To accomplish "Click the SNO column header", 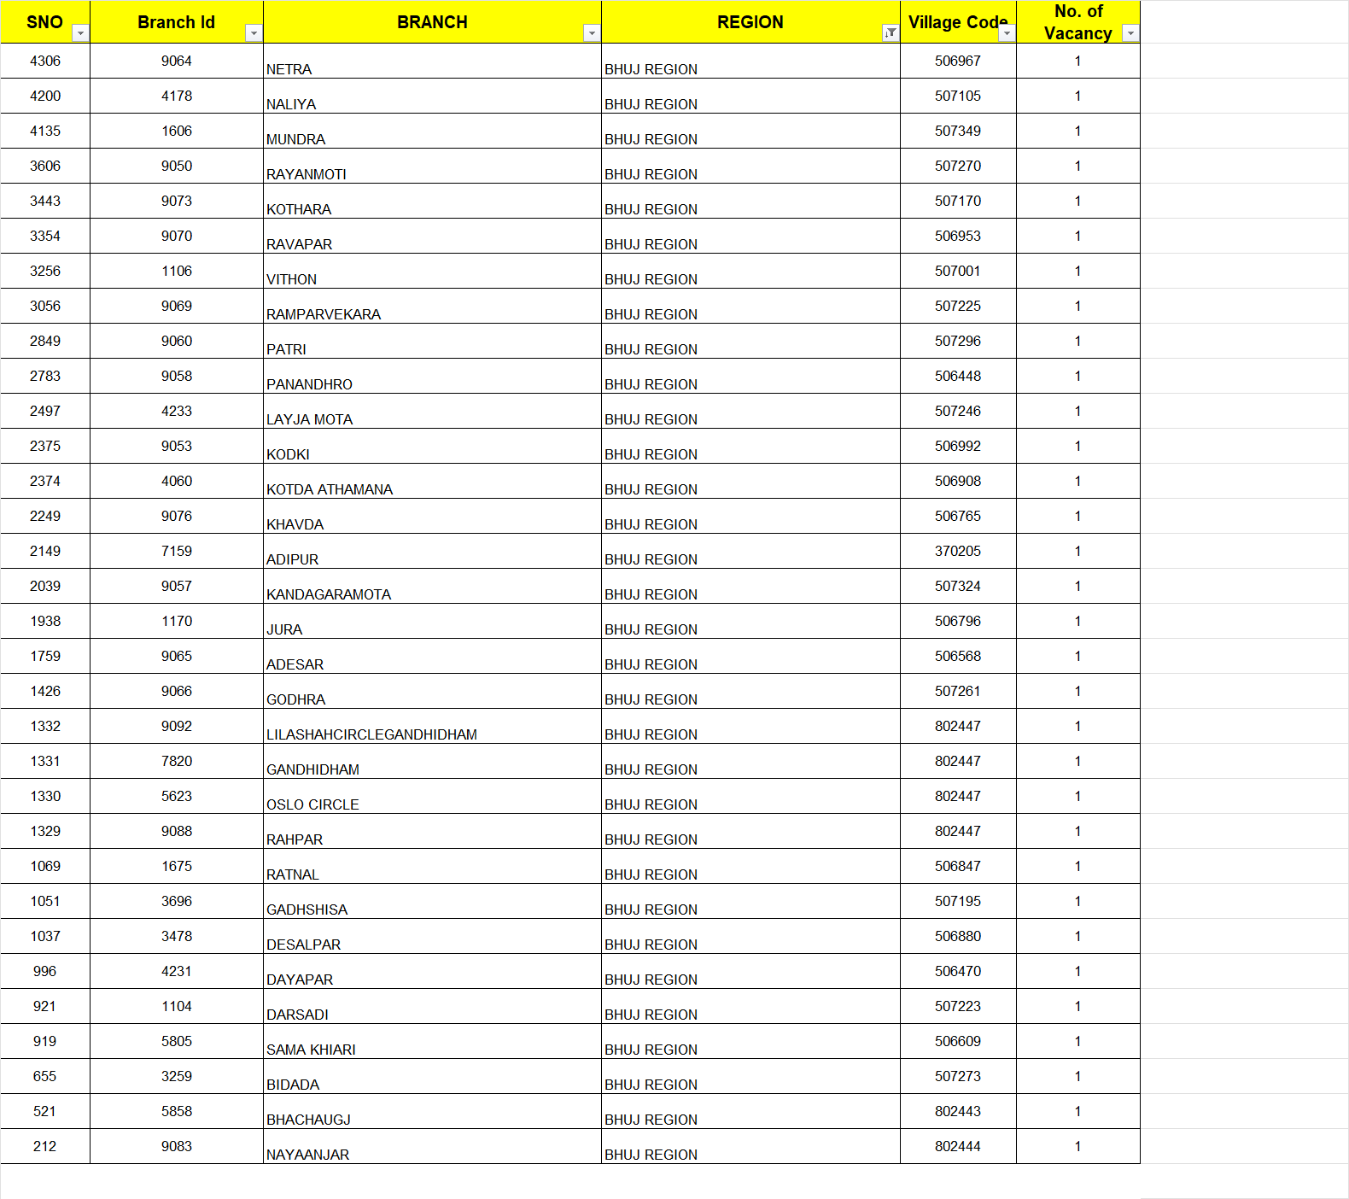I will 44,22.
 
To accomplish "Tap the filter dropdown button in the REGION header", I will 891,33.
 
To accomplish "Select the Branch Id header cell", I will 176,22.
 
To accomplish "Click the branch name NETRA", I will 289,69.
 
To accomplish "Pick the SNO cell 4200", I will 45,96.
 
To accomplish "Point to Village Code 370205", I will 957,551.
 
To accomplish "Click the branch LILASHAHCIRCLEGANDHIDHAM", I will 371,734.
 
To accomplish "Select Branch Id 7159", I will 177,551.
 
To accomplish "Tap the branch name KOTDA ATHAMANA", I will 330,489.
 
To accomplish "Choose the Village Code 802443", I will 957,1111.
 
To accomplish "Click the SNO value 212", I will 44,1146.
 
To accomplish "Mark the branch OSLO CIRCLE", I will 312,804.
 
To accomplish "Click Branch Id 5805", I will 177,1041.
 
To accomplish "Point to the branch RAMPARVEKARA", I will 324,314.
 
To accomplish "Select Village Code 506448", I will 957,376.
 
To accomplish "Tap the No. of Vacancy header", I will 1077,22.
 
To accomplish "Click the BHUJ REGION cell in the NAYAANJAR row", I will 651,1155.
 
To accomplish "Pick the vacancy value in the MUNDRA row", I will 1077,131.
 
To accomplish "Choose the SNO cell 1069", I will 45,866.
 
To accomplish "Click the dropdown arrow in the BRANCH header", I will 591,33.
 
